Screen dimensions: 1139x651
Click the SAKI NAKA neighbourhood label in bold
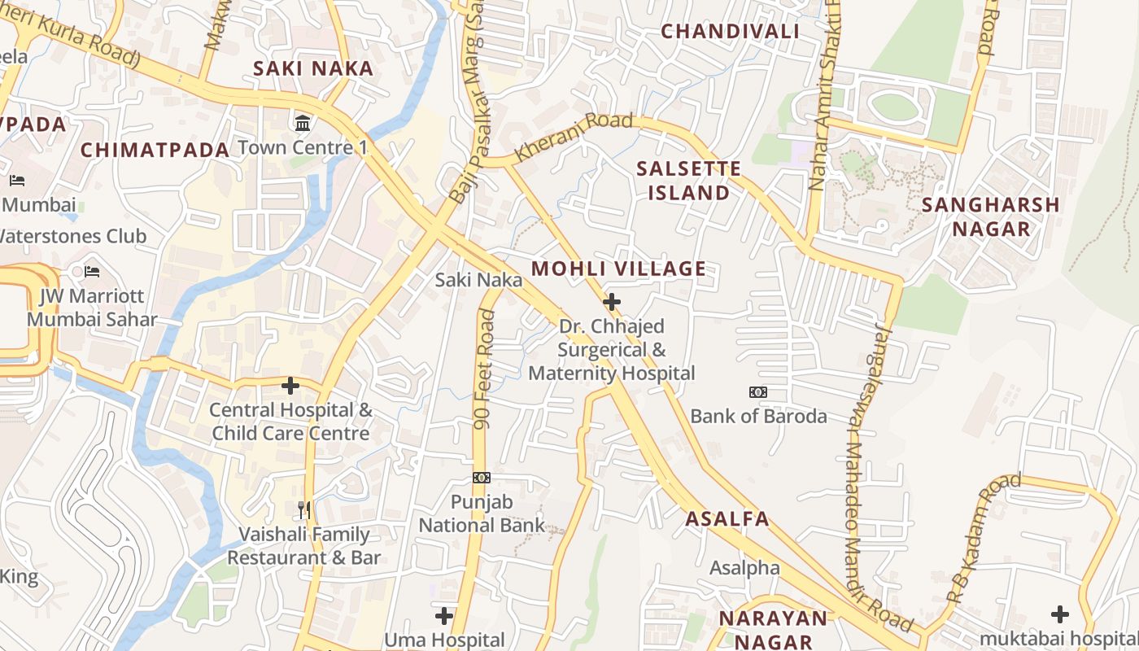click(x=313, y=68)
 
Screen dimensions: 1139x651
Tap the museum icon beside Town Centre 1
click(x=303, y=124)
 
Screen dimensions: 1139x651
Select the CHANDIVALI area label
click(x=730, y=31)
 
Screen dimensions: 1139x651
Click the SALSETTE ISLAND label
click(x=688, y=181)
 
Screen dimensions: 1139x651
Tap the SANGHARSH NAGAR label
click(x=991, y=216)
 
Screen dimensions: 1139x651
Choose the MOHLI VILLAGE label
click(x=618, y=269)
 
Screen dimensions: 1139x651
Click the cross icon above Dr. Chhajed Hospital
click(x=612, y=302)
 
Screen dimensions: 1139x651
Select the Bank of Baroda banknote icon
click(x=758, y=392)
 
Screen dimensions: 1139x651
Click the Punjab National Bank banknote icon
click(x=482, y=478)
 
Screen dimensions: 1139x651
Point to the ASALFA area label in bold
click(x=727, y=519)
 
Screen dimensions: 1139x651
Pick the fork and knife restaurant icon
click(x=304, y=510)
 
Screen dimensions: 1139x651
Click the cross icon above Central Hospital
click(x=290, y=385)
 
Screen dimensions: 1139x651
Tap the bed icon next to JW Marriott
click(x=92, y=271)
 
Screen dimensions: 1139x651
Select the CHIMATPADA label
click(x=155, y=150)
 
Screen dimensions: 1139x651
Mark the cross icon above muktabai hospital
click(x=1060, y=614)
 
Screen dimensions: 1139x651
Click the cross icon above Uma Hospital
click(x=444, y=615)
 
